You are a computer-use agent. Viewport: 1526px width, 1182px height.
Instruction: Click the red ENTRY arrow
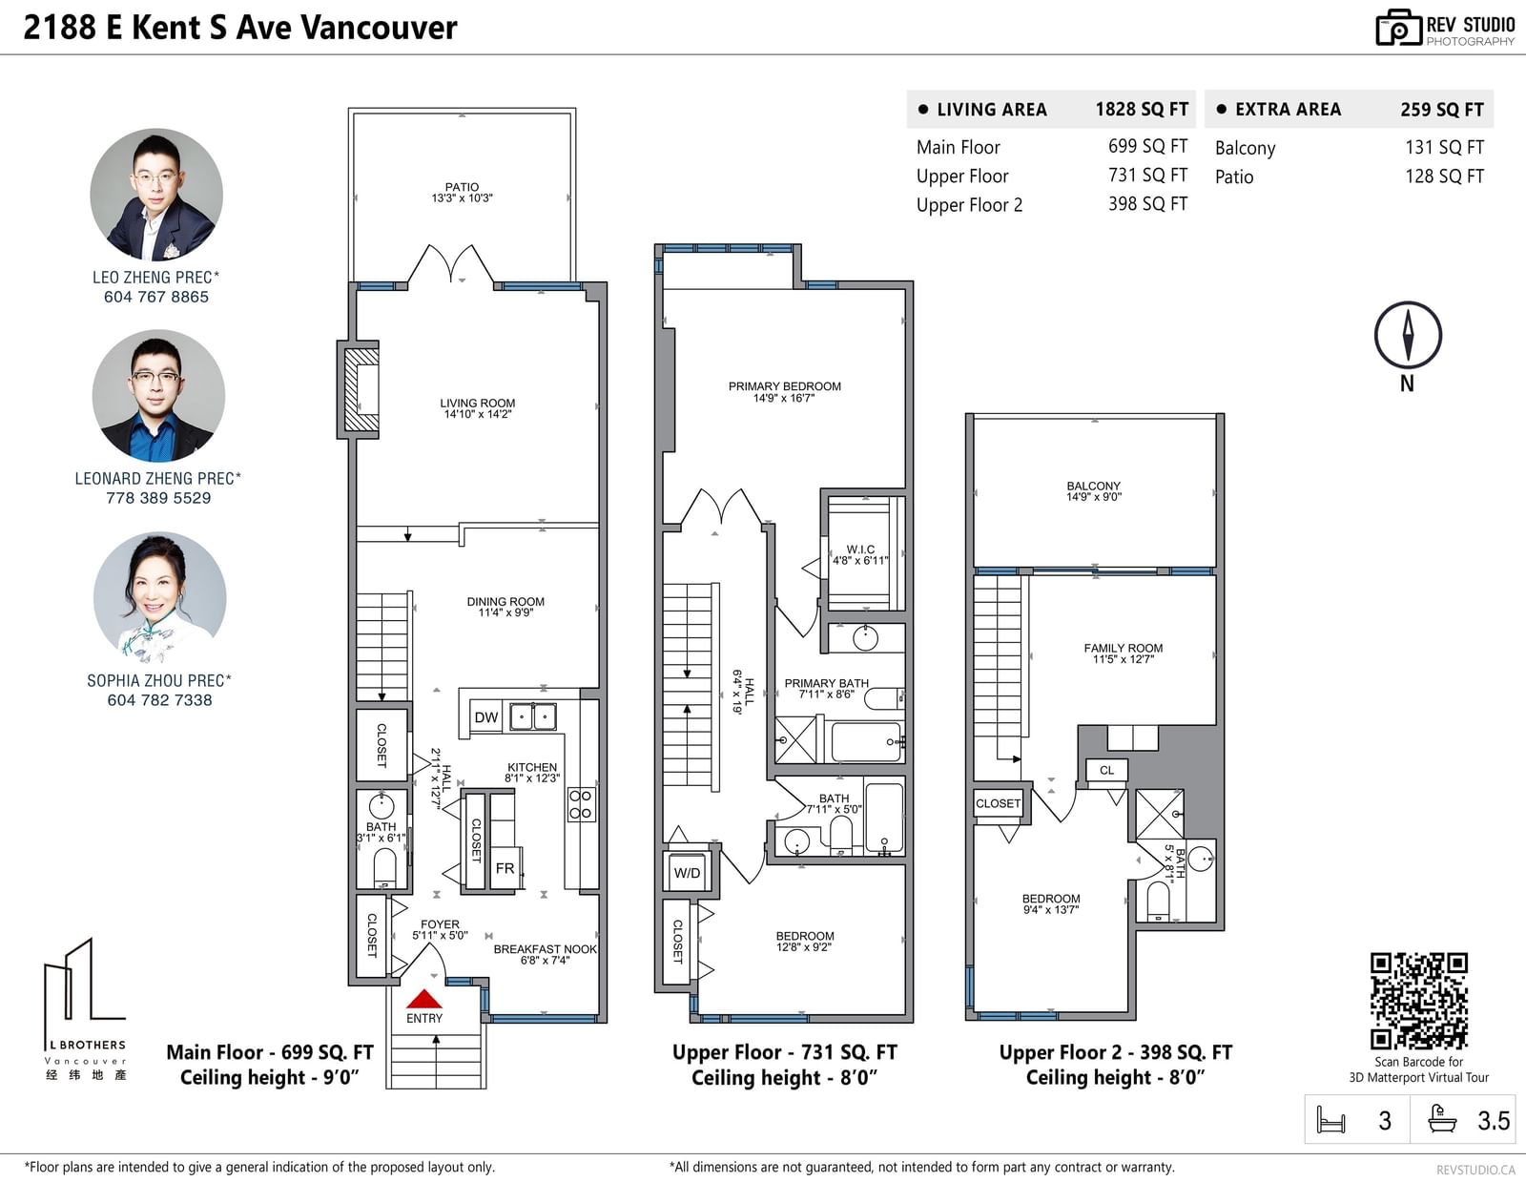424,999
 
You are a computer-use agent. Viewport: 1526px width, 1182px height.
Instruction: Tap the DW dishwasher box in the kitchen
485,717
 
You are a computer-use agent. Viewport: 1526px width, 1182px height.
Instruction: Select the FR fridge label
505,868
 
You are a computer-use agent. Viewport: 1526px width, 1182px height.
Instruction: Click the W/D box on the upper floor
687,873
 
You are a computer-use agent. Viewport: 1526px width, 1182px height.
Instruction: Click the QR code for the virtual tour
1418,1001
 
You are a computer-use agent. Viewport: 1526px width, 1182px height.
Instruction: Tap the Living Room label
478,408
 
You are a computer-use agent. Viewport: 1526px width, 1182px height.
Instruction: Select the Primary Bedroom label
784,392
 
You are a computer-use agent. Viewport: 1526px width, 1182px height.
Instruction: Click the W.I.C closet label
860,555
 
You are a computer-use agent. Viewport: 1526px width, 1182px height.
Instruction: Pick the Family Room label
1123,653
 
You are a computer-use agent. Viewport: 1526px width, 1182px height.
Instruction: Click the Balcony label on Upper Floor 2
1093,491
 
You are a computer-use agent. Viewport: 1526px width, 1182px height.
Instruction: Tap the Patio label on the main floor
462,193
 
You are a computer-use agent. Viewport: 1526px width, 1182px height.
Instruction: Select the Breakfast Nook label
545,954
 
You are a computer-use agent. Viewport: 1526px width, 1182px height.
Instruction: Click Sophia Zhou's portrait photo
159,598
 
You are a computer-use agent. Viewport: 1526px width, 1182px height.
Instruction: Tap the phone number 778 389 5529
158,498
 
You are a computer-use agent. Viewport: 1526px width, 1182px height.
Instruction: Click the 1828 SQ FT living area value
1142,110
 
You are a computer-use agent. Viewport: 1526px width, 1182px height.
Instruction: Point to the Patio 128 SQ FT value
1445,176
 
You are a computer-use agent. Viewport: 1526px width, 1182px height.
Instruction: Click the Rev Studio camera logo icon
1398,28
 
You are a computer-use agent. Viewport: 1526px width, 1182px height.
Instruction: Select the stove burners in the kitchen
581,804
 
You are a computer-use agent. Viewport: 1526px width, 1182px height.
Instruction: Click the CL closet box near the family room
1106,770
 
